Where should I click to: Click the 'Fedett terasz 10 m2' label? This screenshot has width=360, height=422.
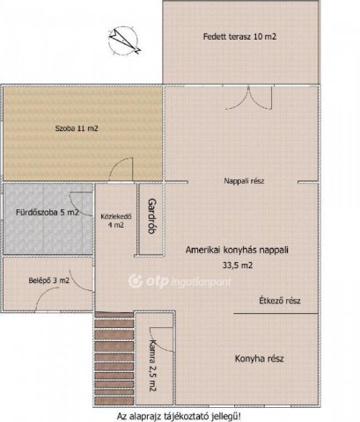(x=239, y=37)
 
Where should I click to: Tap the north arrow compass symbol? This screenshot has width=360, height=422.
(x=123, y=41)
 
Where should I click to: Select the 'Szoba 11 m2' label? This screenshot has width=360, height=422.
(x=77, y=128)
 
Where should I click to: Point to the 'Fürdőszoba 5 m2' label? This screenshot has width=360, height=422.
(x=48, y=212)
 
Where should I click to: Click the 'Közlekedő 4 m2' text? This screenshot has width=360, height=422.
(x=116, y=221)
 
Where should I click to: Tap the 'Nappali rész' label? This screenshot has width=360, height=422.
(x=244, y=181)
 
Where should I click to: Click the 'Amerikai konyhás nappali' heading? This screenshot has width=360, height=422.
(x=237, y=250)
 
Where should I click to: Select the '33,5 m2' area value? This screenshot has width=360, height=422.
(x=238, y=266)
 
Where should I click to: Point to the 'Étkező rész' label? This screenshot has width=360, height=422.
(x=280, y=301)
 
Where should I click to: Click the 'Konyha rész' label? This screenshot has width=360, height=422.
(x=259, y=359)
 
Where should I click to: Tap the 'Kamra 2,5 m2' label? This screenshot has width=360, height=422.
(x=153, y=366)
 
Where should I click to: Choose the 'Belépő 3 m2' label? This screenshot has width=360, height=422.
(x=49, y=280)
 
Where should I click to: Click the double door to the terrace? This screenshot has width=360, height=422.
(x=249, y=98)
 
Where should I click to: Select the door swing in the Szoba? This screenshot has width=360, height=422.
(x=121, y=169)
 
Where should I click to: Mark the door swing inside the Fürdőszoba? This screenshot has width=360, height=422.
(x=81, y=204)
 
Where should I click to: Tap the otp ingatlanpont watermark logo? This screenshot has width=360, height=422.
(x=180, y=281)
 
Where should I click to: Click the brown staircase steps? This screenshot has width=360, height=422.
(x=114, y=359)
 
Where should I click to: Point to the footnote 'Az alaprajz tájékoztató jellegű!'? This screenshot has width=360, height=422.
(x=180, y=416)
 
